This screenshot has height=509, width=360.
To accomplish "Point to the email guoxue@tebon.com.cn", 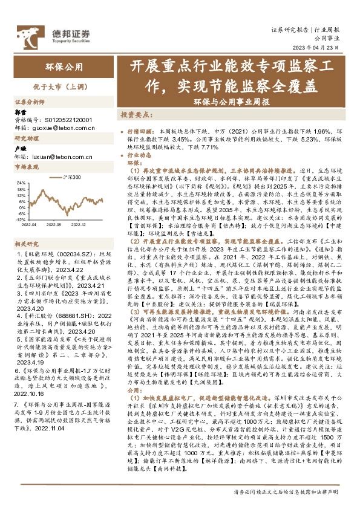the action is point(52,128).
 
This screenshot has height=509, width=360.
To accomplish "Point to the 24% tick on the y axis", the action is point(21,181).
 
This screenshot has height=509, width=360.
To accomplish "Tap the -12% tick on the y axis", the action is point(20,220).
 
